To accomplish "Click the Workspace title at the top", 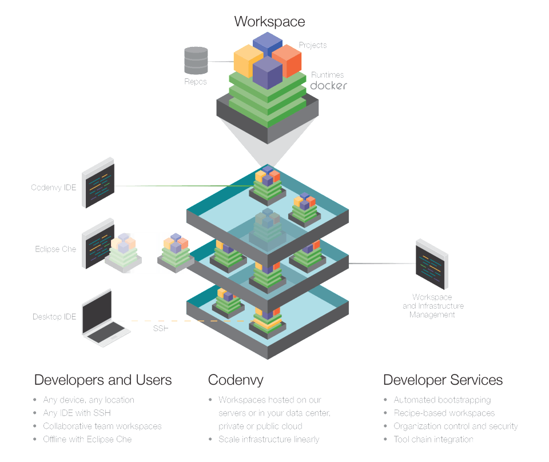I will (x=269, y=22).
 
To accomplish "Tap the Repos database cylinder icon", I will (x=196, y=60).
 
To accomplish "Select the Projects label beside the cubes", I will (x=313, y=45).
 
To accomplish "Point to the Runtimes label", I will (x=327, y=74).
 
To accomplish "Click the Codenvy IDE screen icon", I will (x=98, y=182).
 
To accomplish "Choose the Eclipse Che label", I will (x=55, y=249).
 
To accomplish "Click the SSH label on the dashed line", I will (x=161, y=329).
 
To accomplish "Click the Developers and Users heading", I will (x=103, y=380).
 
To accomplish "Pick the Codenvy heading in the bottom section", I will (x=236, y=380).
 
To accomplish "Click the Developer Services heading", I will (x=443, y=380).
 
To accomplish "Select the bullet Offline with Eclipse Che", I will (x=87, y=439).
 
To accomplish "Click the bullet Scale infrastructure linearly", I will (x=269, y=439).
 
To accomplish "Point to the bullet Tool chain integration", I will (x=433, y=439).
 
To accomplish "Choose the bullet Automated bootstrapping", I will (x=441, y=400).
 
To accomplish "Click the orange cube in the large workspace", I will (x=287, y=60).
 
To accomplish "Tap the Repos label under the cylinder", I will (x=196, y=82).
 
